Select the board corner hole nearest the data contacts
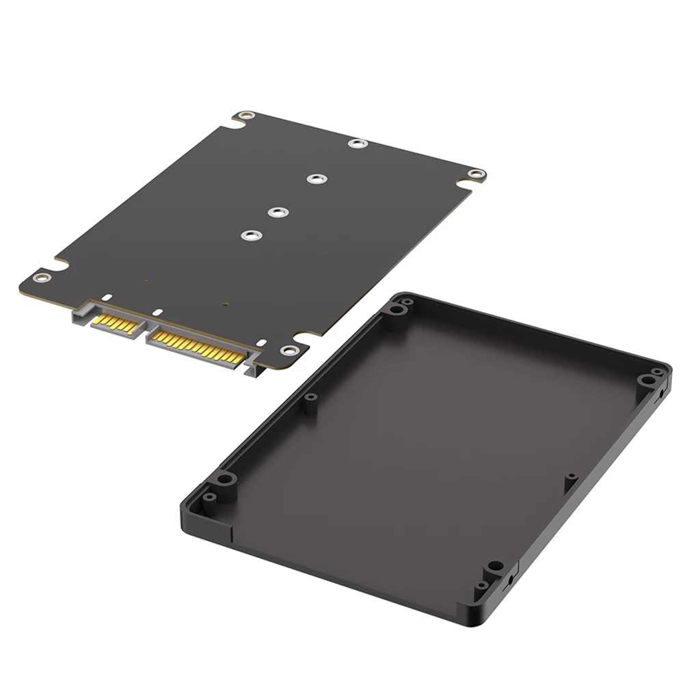pyautogui.click(x=42, y=277)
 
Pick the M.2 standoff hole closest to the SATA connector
pyautogui.click(x=250, y=235)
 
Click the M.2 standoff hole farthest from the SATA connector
pyautogui.click(x=357, y=144)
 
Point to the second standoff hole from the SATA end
pyautogui.click(x=276, y=213)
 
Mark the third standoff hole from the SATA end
pyautogui.click(x=314, y=179)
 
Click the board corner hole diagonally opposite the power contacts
pyautogui.click(x=244, y=117)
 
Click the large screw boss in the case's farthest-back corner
pyautogui.click(x=396, y=309)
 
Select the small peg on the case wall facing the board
pyautogui.click(x=311, y=396)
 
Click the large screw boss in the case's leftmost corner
pyautogui.click(x=226, y=479)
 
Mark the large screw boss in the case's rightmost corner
pyautogui.click(x=645, y=380)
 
